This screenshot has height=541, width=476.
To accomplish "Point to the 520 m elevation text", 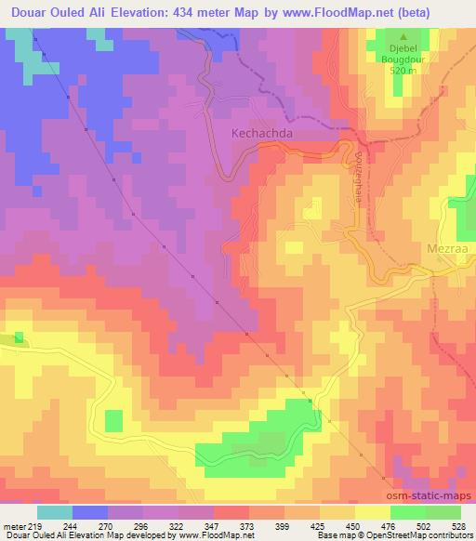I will tap(402, 70).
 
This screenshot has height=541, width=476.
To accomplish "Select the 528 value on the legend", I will tap(457, 526).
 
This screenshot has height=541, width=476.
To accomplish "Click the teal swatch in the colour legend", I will tap(55, 512).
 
